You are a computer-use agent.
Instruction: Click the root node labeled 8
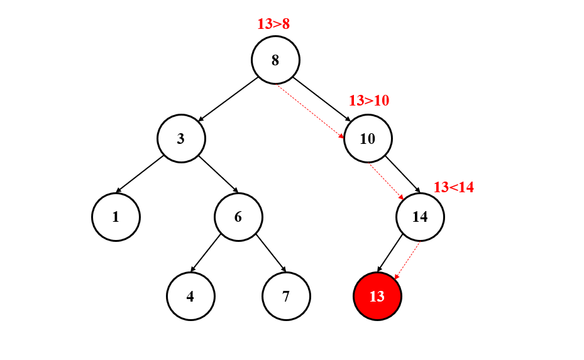275,60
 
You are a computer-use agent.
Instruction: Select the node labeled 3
181,138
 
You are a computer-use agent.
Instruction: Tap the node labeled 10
368,138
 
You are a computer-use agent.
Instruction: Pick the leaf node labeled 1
116,217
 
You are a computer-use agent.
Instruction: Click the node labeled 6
238,217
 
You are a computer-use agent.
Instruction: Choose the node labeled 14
420,217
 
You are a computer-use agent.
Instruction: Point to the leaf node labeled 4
190,296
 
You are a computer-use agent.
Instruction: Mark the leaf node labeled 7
286,296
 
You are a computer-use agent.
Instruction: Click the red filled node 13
377,296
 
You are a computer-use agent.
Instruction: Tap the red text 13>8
273,24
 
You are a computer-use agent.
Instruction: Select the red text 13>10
369,100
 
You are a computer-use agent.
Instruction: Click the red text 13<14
453,187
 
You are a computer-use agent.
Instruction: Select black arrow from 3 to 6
219,173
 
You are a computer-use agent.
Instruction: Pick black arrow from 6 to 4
206,253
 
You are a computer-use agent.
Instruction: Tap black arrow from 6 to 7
270,253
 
